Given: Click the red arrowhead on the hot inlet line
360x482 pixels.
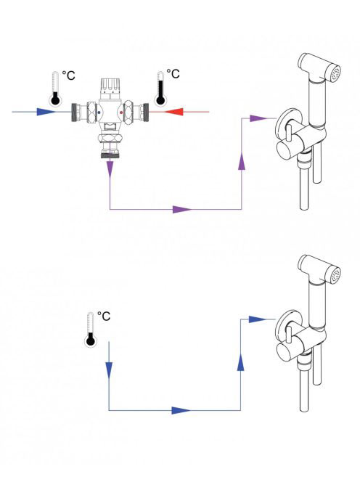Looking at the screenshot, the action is point(174,112).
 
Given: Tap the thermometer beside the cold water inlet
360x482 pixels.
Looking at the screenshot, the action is point(55,89).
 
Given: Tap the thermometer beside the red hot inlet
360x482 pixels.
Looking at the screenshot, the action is point(160,89).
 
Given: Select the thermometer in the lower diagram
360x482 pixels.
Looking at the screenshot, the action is point(91,330).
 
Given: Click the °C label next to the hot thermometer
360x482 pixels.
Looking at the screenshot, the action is point(173,74).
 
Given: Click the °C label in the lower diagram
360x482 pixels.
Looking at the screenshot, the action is point(104,316).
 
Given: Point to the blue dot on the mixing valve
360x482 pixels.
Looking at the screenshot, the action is point(99,113).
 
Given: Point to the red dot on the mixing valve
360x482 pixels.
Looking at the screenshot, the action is point(121,113).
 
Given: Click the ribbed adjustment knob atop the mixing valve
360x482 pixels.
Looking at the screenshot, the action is point(110,86).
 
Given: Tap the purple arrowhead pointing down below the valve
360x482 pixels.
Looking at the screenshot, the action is point(110,169).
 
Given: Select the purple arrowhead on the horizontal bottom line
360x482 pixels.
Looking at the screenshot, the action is point(182,209).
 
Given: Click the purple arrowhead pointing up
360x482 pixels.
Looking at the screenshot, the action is point(242,160).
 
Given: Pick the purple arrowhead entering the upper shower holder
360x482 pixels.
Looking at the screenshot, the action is point(258,118).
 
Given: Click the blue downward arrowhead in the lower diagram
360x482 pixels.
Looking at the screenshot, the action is point(109,370).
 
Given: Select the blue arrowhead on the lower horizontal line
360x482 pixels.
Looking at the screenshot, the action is point(181,410).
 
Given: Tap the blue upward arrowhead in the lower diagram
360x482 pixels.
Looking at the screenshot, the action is point(241,361).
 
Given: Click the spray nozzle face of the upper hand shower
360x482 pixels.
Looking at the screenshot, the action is point(336,74).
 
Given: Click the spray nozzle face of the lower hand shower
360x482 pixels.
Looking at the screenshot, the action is point(335,275).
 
